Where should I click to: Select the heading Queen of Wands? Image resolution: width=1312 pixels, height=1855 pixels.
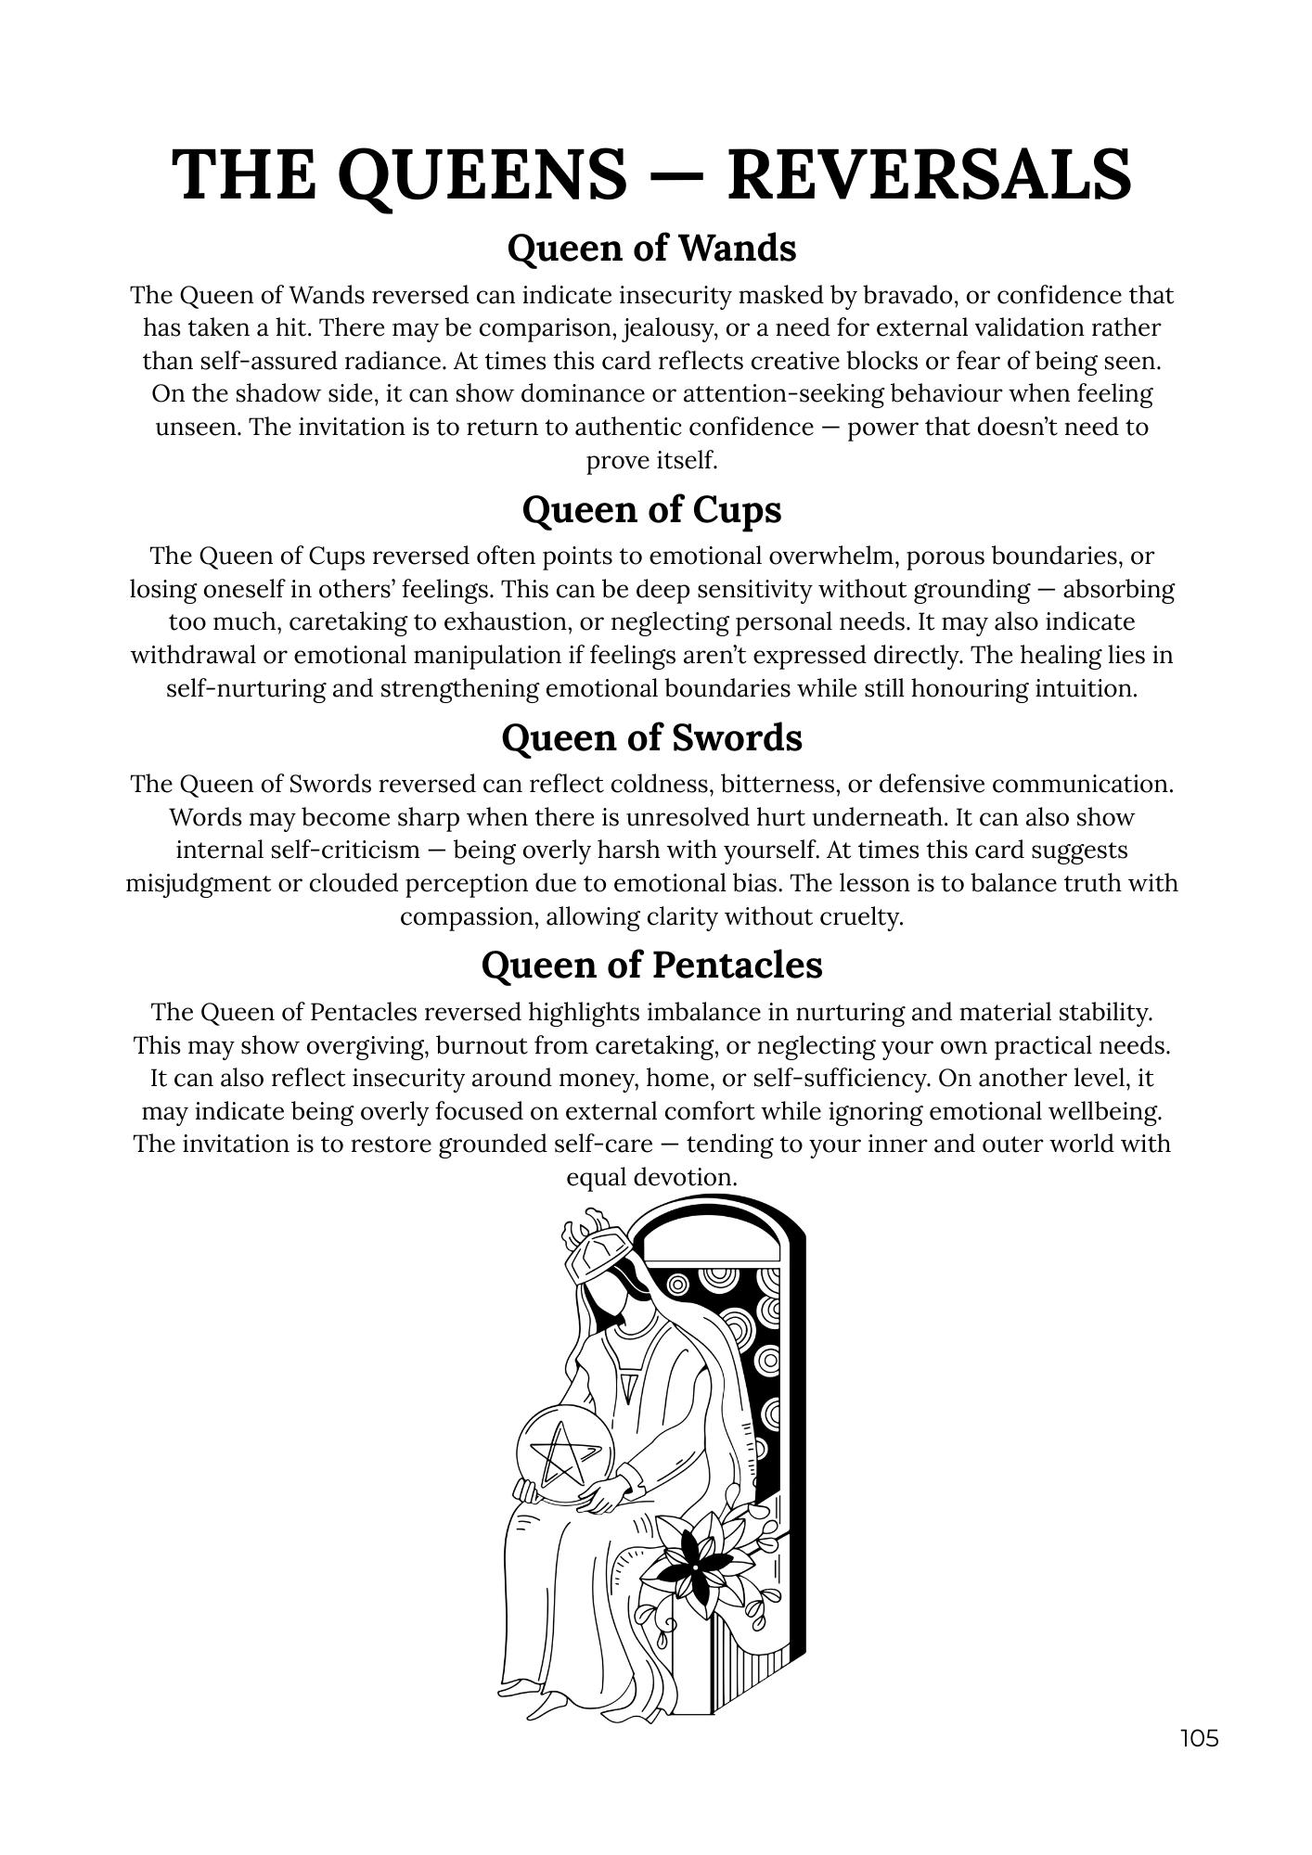pos(652,249)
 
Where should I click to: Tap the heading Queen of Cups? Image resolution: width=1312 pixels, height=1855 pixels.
pos(652,510)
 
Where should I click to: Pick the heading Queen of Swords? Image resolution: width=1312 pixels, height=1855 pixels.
pos(652,738)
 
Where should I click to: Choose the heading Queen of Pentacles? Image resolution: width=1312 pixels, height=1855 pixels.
pos(652,966)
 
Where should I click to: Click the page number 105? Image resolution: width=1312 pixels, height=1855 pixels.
pos(1199,1738)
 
